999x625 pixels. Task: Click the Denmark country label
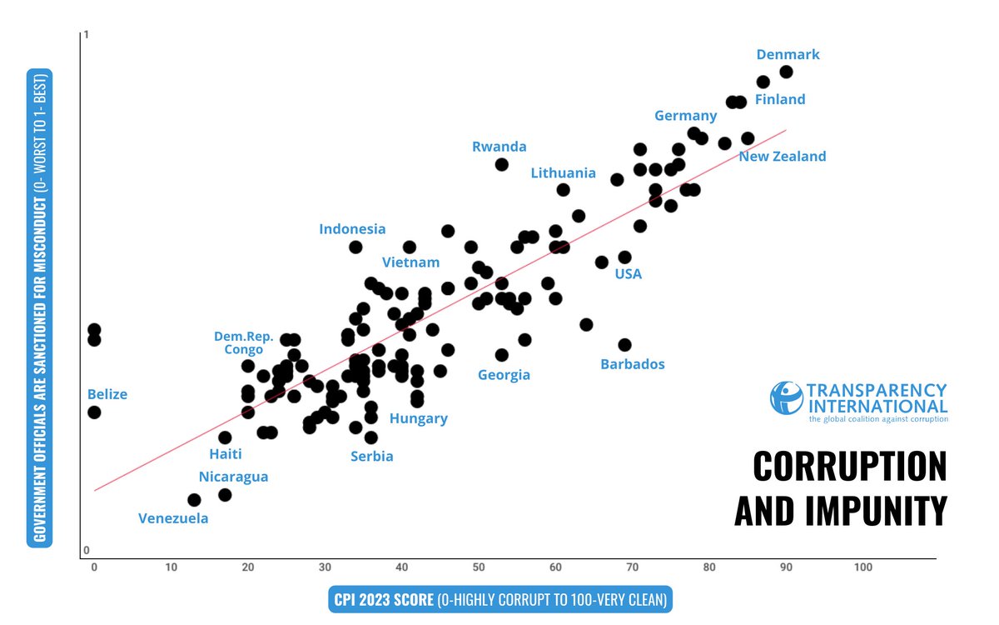coord(788,55)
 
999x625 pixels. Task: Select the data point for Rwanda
coord(501,164)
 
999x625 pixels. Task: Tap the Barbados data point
coord(624,344)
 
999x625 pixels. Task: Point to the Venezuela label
coord(173,518)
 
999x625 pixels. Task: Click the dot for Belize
coord(94,412)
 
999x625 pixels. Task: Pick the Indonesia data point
coord(355,247)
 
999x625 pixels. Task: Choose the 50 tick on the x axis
coord(478,567)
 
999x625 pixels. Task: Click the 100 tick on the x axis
coord(862,567)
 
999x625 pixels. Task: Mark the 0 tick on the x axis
coord(94,567)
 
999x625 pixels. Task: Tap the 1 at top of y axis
coord(87,35)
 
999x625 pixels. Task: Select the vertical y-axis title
coord(40,307)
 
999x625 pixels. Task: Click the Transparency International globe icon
coord(787,398)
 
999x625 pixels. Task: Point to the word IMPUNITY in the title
coord(840,510)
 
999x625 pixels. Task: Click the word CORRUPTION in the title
coord(849,466)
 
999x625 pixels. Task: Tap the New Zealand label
coord(783,156)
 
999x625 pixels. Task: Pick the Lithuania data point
coord(563,190)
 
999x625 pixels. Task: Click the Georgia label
coord(504,375)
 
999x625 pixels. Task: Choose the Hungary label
coord(419,418)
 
